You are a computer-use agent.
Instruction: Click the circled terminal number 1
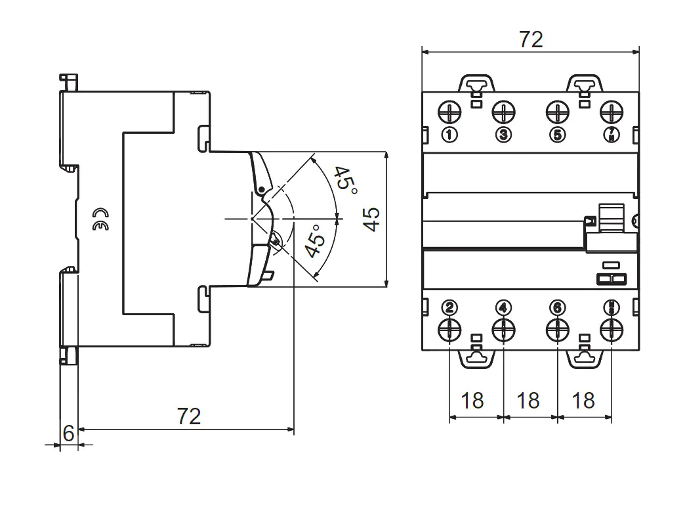click(x=449, y=135)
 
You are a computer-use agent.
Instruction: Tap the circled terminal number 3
click(x=503, y=135)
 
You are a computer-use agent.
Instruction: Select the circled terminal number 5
click(x=557, y=135)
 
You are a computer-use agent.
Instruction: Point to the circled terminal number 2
click(x=449, y=307)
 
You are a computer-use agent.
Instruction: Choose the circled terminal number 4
click(x=503, y=307)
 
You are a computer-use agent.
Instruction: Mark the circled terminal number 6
click(x=557, y=307)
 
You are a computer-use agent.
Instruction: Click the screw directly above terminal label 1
click(x=449, y=112)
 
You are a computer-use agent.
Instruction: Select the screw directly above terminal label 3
click(x=503, y=112)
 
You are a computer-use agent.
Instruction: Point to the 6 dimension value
click(x=68, y=433)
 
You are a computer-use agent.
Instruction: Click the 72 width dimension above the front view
click(x=531, y=39)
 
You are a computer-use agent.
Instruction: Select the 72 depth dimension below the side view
click(x=189, y=416)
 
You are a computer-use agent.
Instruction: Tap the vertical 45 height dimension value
click(x=371, y=219)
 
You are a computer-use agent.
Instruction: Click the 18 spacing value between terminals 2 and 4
click(x=472, y=400)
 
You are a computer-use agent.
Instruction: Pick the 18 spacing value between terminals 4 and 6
click(x=528, y=400)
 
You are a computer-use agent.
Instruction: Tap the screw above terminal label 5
click(x=557, y=112)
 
